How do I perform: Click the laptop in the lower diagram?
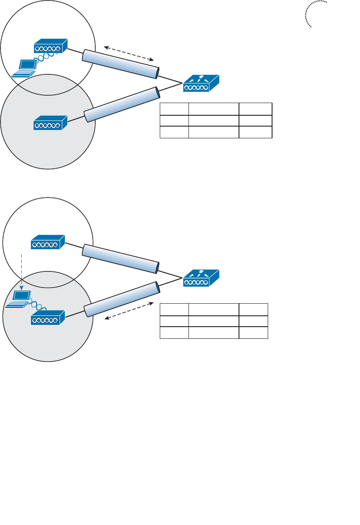(18, 299)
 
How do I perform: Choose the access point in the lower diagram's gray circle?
(48, 318)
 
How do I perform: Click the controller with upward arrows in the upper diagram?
(201, 84)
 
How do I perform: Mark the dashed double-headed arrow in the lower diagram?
(130, 311)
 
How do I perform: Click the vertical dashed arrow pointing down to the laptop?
(21, 272)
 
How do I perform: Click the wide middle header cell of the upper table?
(213, 109)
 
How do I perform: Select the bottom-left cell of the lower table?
(174, 333)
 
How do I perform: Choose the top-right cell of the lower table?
(253, 309)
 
